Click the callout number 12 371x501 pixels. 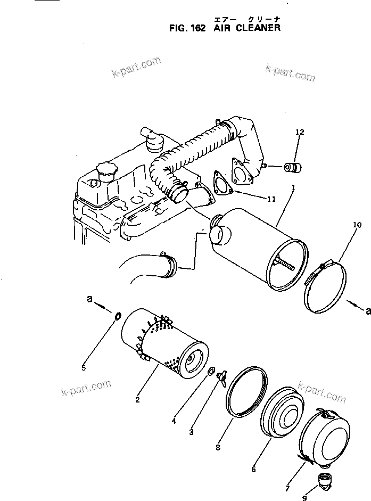pos(300,132)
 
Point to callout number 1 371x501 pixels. pos(292,188)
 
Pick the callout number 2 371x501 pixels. pos(137,399)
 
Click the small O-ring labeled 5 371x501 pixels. pos(118,318)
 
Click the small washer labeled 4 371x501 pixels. pos(210,371)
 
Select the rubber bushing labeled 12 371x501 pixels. pos(292,168)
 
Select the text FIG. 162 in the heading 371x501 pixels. pos(183,28)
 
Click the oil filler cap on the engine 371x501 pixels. pos(104,172)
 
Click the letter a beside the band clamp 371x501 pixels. pos(367,309)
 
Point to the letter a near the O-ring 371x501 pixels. pos(89,300)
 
